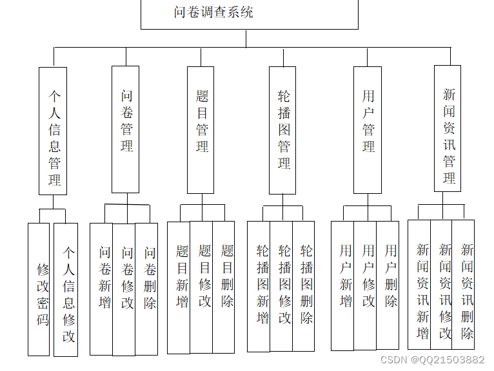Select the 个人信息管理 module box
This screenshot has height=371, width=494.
tap(53, 131)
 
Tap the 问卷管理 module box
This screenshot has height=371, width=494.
tap(126, 129)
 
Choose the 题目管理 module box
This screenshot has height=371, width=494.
tap(201, 129)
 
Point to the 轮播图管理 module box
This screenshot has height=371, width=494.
tap(282, 130)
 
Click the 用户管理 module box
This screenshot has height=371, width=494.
tap(368, 129)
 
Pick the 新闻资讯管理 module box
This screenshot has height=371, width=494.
tap(448, 128)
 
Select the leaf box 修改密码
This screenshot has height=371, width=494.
tap(39, 289)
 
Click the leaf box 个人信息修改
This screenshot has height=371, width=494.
tap(66, 289)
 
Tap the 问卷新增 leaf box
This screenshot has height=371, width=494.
tap(101, 289)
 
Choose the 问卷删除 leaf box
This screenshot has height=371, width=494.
tap(147, 289)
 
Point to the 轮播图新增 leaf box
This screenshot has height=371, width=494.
tap(259, 287)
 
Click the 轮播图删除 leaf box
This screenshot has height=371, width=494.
tap(304, 287)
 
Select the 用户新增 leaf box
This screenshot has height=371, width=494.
tap(342, 286)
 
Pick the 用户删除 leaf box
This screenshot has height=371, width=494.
tap(388, 286)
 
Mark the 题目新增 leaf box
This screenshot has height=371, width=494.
tap(179, 287)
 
